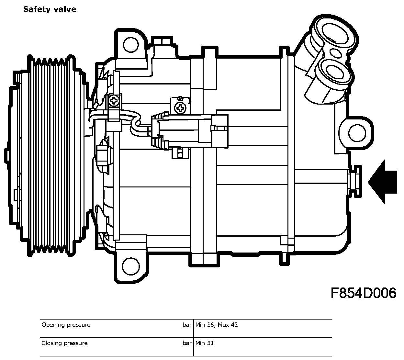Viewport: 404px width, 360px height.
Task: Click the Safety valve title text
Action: click(x=50, y=9)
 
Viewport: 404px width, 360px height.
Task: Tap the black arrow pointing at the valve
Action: click(x=382, y=182)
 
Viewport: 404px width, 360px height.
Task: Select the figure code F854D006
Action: click(x=364, y=293)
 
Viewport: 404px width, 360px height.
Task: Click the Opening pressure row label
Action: click(x=66, y=325)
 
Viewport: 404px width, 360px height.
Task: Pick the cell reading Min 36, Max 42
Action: click(x=217, y=325)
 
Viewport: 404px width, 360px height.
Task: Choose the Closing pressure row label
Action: click(x=65, y=343)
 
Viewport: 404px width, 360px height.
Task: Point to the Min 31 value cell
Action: click(x=204, y=343)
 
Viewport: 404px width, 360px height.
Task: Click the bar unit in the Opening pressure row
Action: click(x=187, y=325)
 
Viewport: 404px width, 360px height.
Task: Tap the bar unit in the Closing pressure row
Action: click(x=187, y=343)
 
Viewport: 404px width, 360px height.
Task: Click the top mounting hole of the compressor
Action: click(x=131, y=45)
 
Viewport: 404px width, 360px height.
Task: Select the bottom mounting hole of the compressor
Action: click(x=130, y=266)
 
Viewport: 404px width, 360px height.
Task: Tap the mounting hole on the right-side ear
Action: click(x=357, y=133)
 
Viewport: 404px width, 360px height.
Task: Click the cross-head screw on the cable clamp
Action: click(x=114, y=101)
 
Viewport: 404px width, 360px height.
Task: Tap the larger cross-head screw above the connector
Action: click(x=180, y=108)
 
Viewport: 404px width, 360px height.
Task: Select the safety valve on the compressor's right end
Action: click(x=355, y=181)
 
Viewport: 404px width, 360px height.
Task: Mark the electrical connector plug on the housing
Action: click(x=189, y=131)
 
